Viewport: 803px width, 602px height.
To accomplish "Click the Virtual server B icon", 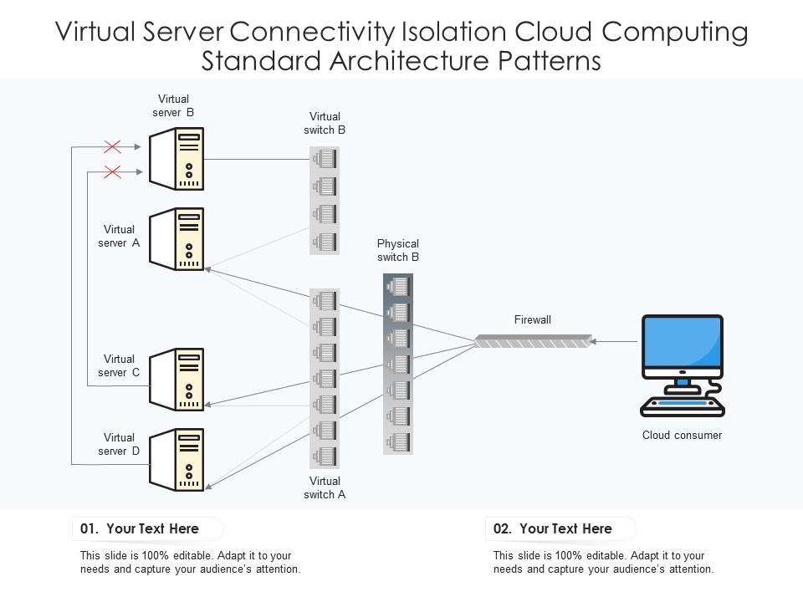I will [177, 159].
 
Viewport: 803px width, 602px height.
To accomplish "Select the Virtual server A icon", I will [177, 240].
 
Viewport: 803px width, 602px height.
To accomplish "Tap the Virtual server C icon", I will [177, 379].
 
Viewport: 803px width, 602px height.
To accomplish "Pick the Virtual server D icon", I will [177, 459].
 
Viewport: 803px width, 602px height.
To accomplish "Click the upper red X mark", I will [112, 147].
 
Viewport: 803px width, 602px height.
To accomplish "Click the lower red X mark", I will [112, 172].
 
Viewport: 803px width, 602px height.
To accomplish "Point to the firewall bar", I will [533, 341].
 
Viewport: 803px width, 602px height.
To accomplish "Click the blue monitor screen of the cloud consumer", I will [682, 344].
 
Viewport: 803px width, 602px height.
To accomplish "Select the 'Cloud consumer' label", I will [682, 435].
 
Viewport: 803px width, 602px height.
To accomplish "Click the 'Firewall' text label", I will [533, 320].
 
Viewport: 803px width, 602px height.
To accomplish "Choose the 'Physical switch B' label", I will [398, 251].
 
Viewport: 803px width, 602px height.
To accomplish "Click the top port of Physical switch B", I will [398, 287].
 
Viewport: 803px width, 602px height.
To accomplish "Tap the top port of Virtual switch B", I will [325, 157].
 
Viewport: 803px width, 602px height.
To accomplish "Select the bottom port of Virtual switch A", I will [325, 457].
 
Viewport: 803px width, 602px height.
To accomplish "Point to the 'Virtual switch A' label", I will [325, 487].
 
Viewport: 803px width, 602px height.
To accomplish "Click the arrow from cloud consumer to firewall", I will [615, 341].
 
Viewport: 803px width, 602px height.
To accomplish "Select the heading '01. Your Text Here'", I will [140, 528].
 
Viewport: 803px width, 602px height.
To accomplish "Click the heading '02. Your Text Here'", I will [553, 528].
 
